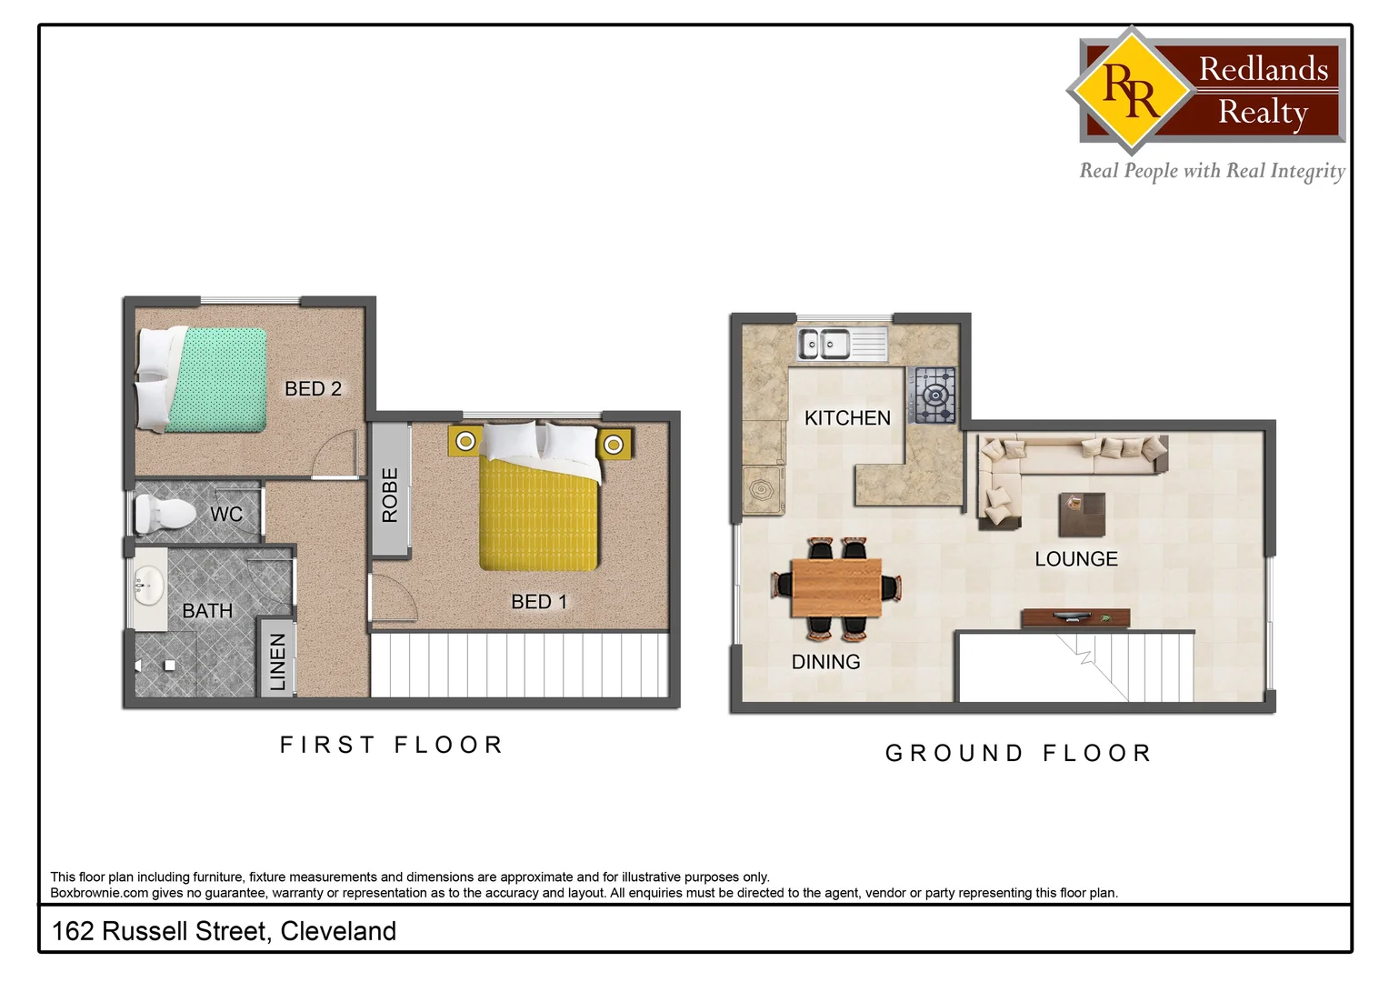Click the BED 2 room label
[313, 389]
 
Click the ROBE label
[390, 496]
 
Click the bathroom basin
[146, 582]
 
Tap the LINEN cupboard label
[278, 661]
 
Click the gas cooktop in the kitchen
[934, 396]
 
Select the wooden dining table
[836, 587]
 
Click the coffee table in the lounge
[1082, 515]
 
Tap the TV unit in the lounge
[1075, 618]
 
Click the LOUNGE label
[1076, 559]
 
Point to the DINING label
[825, 662]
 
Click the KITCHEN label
[847, 418]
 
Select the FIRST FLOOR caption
[392, 746]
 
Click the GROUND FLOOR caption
[1019, 754]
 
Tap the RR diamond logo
[1130, 89]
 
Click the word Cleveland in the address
[338, 931]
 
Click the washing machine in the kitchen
[763, 491]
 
